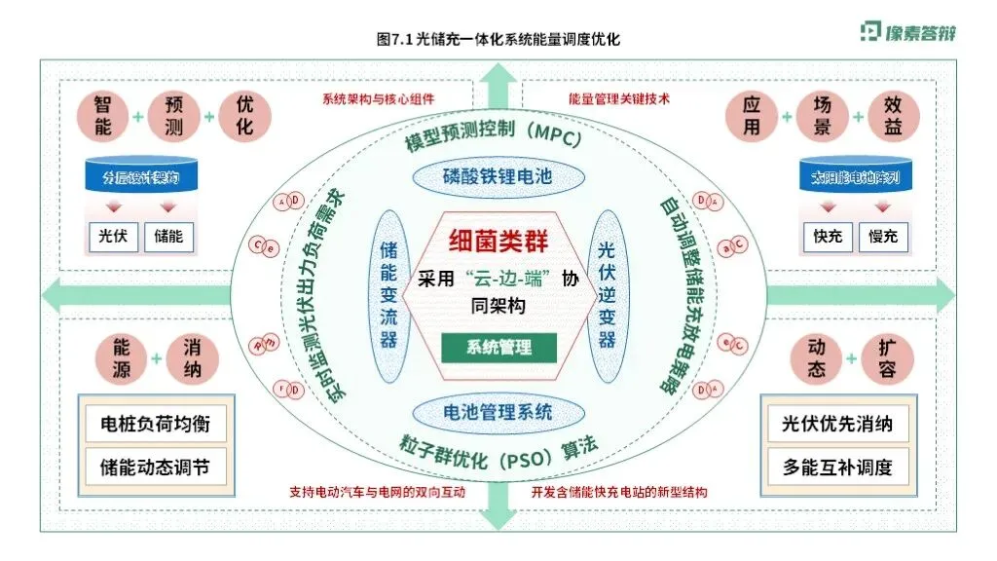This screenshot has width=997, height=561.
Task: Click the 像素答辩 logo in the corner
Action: pos(907,31)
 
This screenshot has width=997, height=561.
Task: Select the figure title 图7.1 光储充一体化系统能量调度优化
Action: pos(498,39)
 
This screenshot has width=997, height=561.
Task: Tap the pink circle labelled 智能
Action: pos(103,116)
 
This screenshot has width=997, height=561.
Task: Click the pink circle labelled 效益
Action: pos(893,116)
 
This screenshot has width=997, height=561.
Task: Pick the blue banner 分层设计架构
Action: pos(141,178)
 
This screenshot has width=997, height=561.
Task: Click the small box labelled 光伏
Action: pos(107,235)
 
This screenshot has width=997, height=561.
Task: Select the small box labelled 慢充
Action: pos(883,235)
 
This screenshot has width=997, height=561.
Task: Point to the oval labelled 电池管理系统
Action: pos(498,411)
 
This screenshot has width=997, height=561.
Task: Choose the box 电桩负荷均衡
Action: pos(155,425)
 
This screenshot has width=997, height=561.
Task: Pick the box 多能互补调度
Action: pos(837,467)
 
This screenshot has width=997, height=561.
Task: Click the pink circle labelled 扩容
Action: pos(887,358)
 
